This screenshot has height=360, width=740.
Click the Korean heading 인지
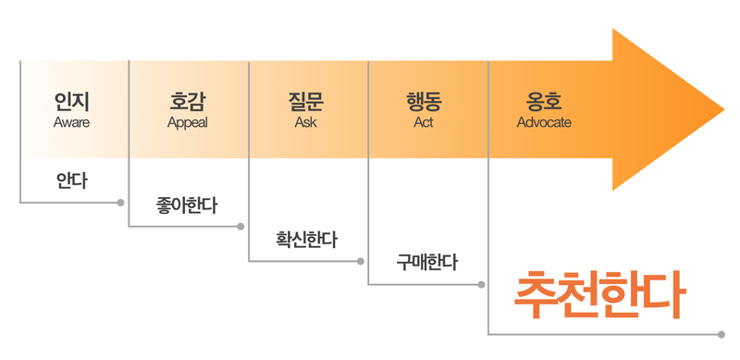click(71, 101)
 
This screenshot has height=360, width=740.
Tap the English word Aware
click(71, 122)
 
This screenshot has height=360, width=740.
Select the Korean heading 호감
click(188, 101)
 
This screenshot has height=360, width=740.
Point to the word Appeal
click(188, 122)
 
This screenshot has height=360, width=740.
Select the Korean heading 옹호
click(544, 101)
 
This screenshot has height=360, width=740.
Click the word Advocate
click(544, 122)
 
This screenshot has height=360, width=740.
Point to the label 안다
click(71, 178)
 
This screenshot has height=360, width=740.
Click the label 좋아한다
click(188, 205)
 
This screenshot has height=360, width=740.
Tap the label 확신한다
click(306, 240)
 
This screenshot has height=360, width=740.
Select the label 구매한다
click(426, 262)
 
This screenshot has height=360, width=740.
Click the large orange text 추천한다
click(600, 295)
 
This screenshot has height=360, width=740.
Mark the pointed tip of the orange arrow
click(724, 109)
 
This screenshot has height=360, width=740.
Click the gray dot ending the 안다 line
click(121, 202)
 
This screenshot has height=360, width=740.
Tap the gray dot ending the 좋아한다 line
click(240, 226)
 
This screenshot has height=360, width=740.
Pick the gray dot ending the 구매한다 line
click(481, 284)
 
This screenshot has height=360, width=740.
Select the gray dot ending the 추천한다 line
click(721, 333)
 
